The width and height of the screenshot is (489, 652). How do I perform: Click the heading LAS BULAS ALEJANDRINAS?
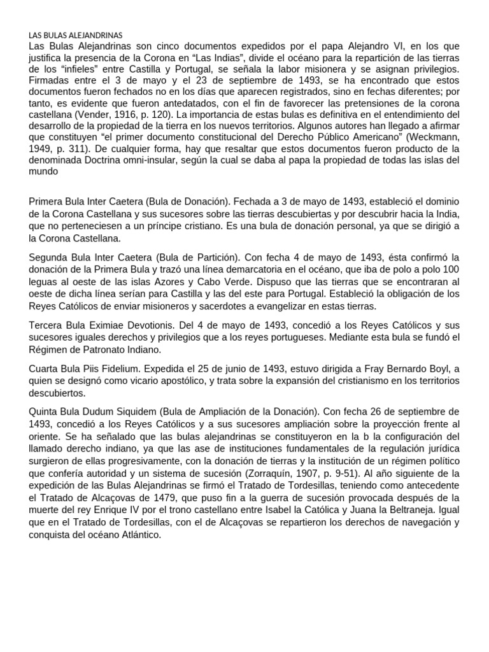(x=76, y=36)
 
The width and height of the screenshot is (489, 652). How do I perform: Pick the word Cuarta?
(x=46, y=370)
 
